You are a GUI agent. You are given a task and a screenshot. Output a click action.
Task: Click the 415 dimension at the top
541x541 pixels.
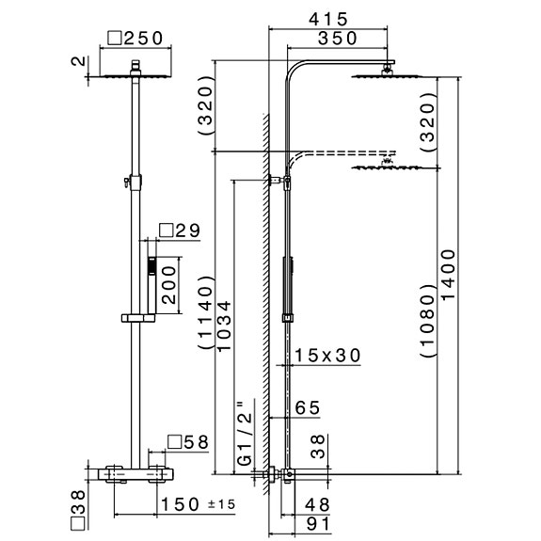pos(328,20)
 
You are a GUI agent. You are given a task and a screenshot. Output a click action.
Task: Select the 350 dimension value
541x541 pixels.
pos(338,39)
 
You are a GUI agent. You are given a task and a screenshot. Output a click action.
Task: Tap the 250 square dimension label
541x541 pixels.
pos(135,39)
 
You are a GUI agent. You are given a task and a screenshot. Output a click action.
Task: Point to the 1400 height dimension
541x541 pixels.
pos(449,275)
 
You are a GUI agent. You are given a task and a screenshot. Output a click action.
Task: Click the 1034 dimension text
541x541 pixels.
pos(224,326)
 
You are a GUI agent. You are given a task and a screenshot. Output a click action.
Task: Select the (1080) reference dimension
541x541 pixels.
pos(429,321)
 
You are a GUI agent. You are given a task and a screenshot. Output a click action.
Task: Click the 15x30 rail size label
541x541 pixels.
pos(327,356)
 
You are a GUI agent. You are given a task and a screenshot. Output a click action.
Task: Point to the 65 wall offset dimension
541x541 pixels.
pos(308,408)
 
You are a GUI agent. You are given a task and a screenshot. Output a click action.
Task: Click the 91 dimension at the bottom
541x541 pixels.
pos(318,524)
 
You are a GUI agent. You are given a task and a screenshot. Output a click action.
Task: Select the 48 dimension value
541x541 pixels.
pos(317,505)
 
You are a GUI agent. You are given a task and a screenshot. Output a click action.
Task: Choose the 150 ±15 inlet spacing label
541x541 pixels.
pos(198,504)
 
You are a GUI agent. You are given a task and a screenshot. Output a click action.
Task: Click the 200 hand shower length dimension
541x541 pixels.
pos(169,285)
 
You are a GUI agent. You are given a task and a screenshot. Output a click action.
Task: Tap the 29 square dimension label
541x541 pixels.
pos(180,231)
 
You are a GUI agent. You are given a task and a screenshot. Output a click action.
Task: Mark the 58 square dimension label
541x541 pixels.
pos(188,442)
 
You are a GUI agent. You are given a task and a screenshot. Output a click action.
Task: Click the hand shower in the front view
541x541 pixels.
pos(151,285)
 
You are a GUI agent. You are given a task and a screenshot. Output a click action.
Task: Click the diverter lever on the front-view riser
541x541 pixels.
pos(127,182)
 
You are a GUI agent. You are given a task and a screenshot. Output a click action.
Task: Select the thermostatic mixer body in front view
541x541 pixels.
pos(135,474)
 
